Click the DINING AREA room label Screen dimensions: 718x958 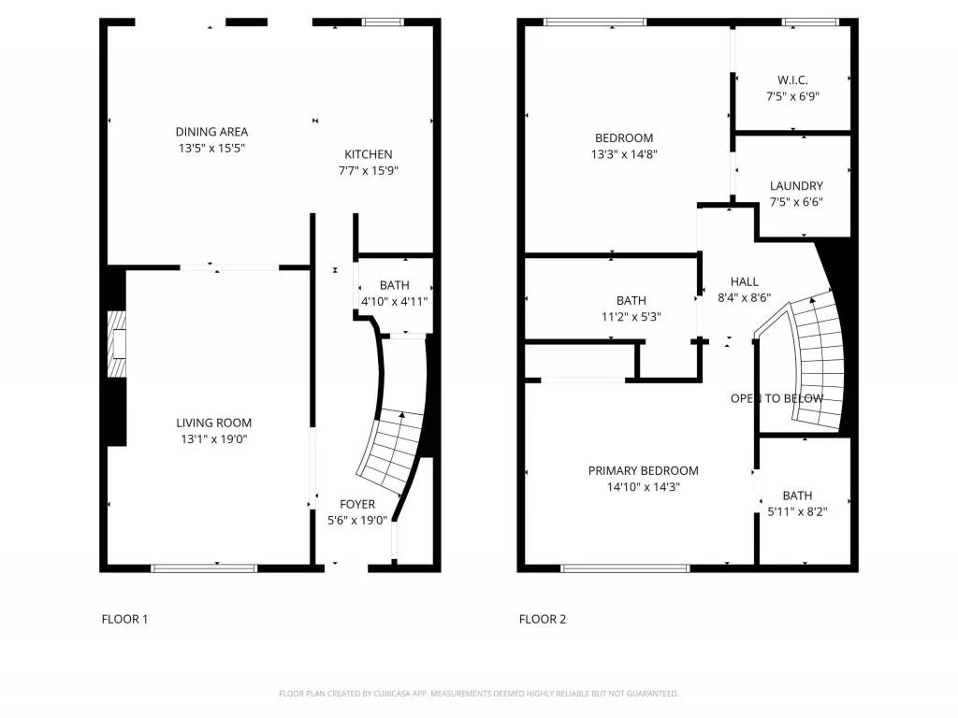[211, 132]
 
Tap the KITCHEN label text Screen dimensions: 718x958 [369, 154]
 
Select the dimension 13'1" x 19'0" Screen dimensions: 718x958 [214, 439]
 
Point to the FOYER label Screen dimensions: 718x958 [357, 504]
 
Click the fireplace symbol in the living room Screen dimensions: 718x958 [116, 343]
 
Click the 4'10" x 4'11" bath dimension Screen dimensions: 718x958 [394, 301]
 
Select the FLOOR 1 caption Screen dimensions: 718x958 [124, 619]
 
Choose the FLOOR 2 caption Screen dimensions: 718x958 [543, 619]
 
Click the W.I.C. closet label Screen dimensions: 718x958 [793, 79]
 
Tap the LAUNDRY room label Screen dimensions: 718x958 [796, 186]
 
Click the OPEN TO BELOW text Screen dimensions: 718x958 [777, 399]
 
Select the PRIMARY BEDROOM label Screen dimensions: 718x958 [643, 470]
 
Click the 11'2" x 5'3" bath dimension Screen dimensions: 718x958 [631, 316]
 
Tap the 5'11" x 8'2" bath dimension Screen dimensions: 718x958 [797, 511]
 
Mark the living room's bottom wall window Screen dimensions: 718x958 [204, 567]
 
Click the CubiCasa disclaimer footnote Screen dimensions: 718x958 [478, 694]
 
